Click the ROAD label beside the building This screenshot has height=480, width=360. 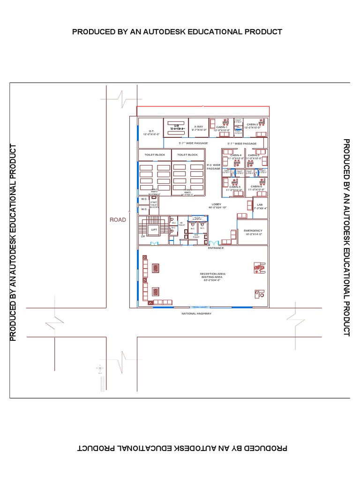pos(118,219)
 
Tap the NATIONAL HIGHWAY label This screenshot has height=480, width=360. pos(196,313)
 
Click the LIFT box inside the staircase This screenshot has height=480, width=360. pos(154,229)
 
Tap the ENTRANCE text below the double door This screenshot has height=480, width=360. pos(216,247)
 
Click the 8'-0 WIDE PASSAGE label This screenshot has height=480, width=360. pos(213,167)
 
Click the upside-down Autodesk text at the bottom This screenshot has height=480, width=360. pos(180,448)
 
